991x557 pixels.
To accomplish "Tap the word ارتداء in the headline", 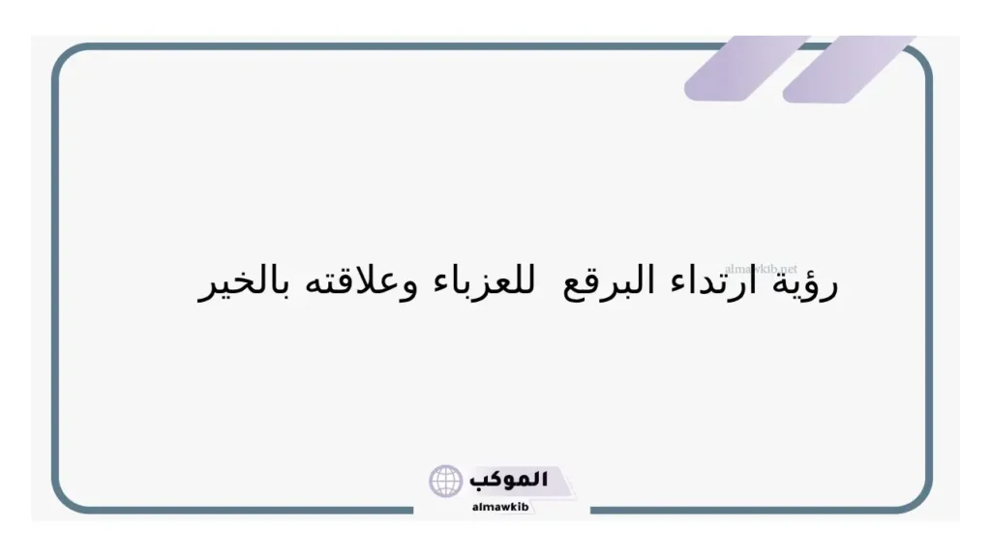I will point(724,282).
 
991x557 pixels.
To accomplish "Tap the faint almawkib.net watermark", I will point(761,268).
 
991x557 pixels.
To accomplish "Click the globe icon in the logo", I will point(446,481).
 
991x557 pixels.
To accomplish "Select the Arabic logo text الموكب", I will point(510,480).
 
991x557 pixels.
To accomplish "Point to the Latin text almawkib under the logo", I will point(500,506).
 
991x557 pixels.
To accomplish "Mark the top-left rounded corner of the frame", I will point(65,57).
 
